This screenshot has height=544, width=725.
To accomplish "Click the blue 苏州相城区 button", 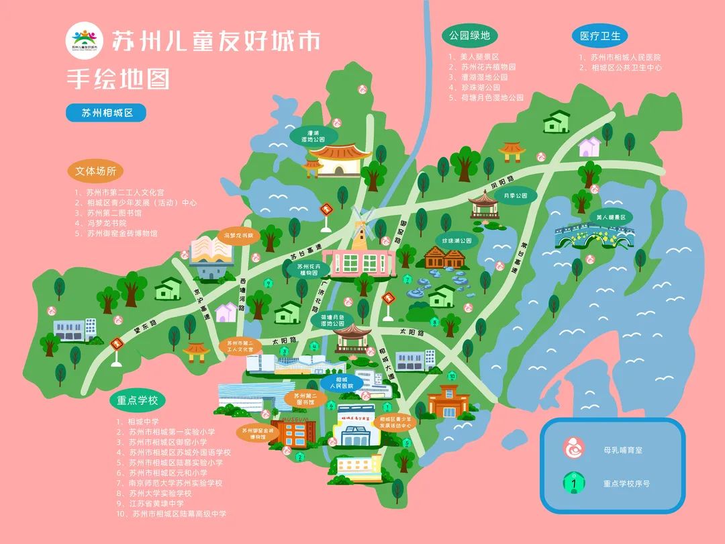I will coord(106,113).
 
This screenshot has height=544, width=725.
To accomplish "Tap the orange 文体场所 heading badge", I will coord(95,171).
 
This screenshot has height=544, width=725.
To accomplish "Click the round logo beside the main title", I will coord(85,41).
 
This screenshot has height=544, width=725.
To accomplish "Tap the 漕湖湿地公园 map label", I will coord(312,135).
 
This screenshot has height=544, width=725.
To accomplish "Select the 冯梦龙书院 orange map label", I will coord(239,236).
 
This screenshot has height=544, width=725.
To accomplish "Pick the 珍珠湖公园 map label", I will coord(456,240).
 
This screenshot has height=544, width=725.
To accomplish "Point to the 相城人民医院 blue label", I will coord(340,383).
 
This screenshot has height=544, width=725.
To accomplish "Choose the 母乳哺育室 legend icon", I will coord(573,449).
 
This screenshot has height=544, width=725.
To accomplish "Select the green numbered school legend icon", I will coord(573,482).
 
